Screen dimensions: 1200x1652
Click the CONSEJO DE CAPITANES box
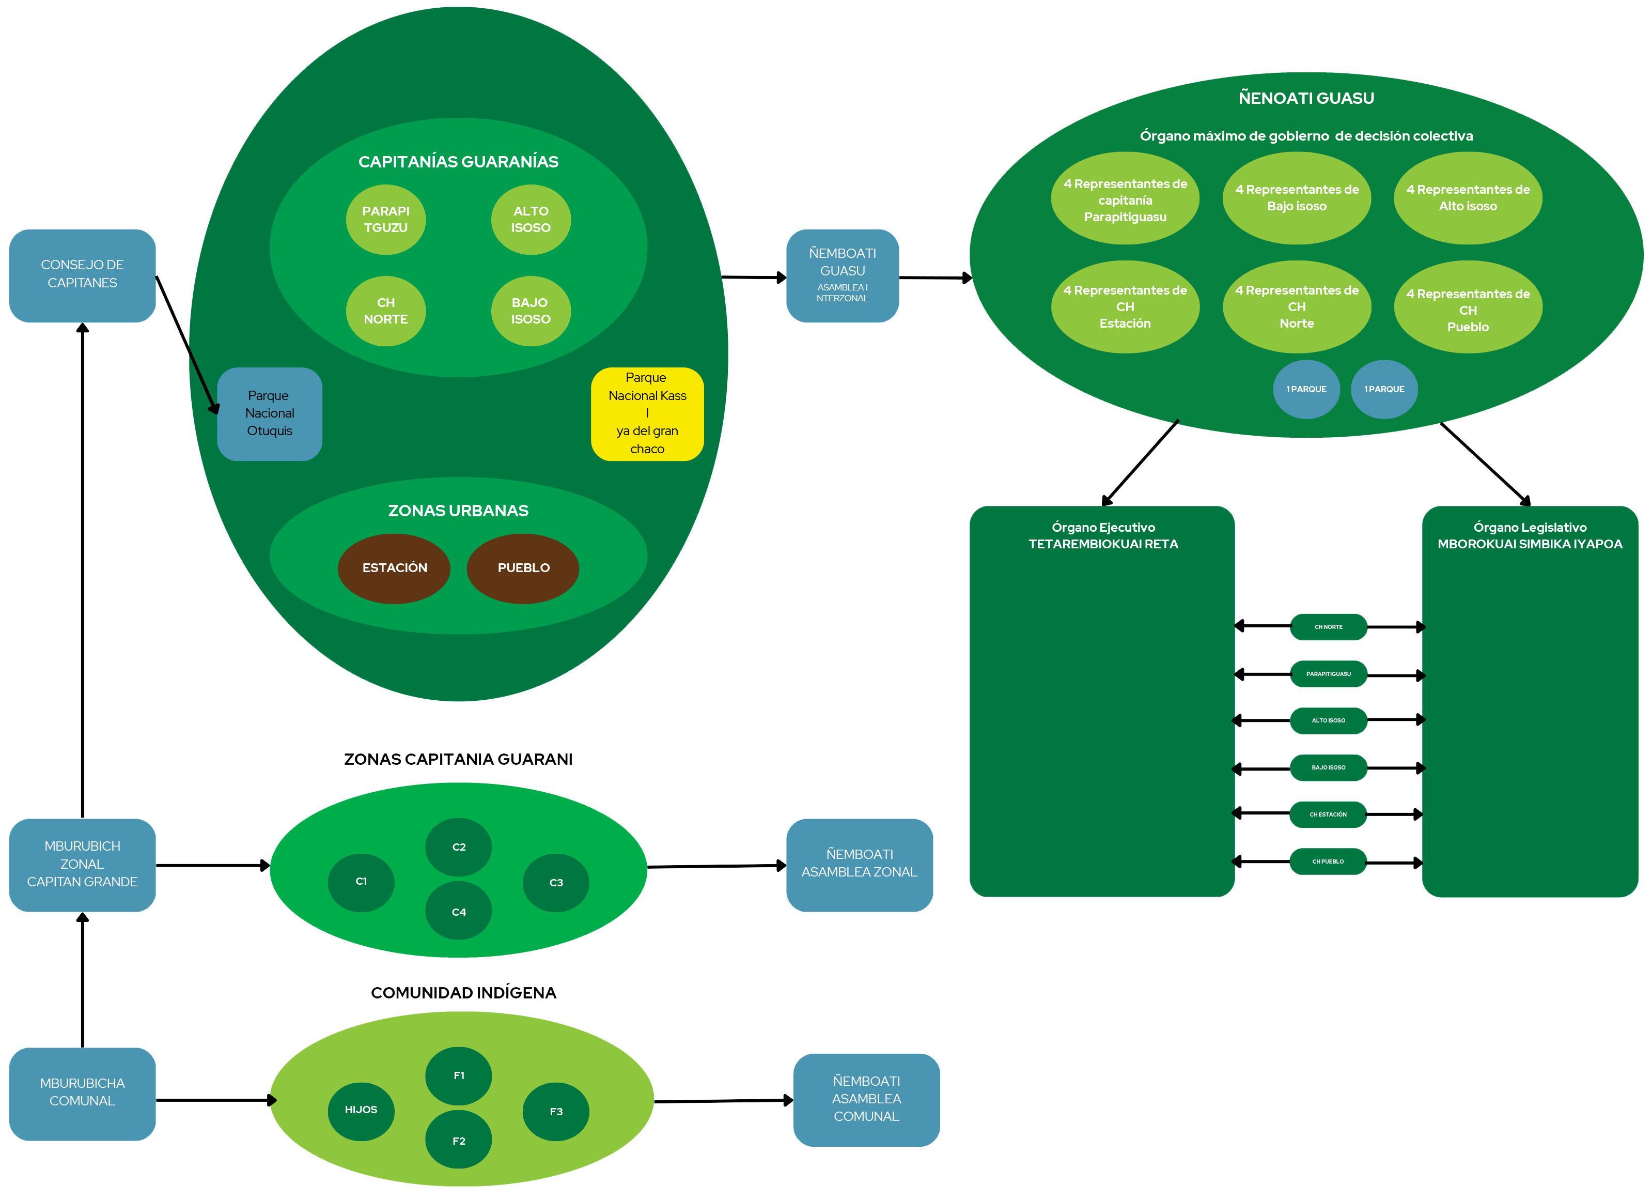(82, 275)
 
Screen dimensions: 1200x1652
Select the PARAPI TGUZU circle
(385, 219)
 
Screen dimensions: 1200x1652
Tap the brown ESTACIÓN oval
(394, 568)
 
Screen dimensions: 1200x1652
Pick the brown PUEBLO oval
(523, 568)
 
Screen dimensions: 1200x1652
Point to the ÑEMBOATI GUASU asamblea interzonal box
(842, 275)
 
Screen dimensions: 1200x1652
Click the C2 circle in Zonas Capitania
(459, 847)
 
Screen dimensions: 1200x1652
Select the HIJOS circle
(361, 1111)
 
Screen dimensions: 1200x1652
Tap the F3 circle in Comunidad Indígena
(556, 1112)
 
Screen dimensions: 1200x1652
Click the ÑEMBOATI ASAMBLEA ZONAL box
(860, 864)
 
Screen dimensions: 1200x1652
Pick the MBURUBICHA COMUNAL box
(82, 1093)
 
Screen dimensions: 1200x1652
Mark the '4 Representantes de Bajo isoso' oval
(1297, 198)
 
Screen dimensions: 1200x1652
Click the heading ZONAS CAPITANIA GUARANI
(458, 759)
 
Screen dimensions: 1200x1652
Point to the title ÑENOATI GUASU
(1306, 98)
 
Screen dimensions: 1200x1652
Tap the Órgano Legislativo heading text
(1530, 535)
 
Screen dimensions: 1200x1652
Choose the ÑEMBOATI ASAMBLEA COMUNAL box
(866, 1099)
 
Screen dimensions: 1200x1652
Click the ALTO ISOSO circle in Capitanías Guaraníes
(531, 219)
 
